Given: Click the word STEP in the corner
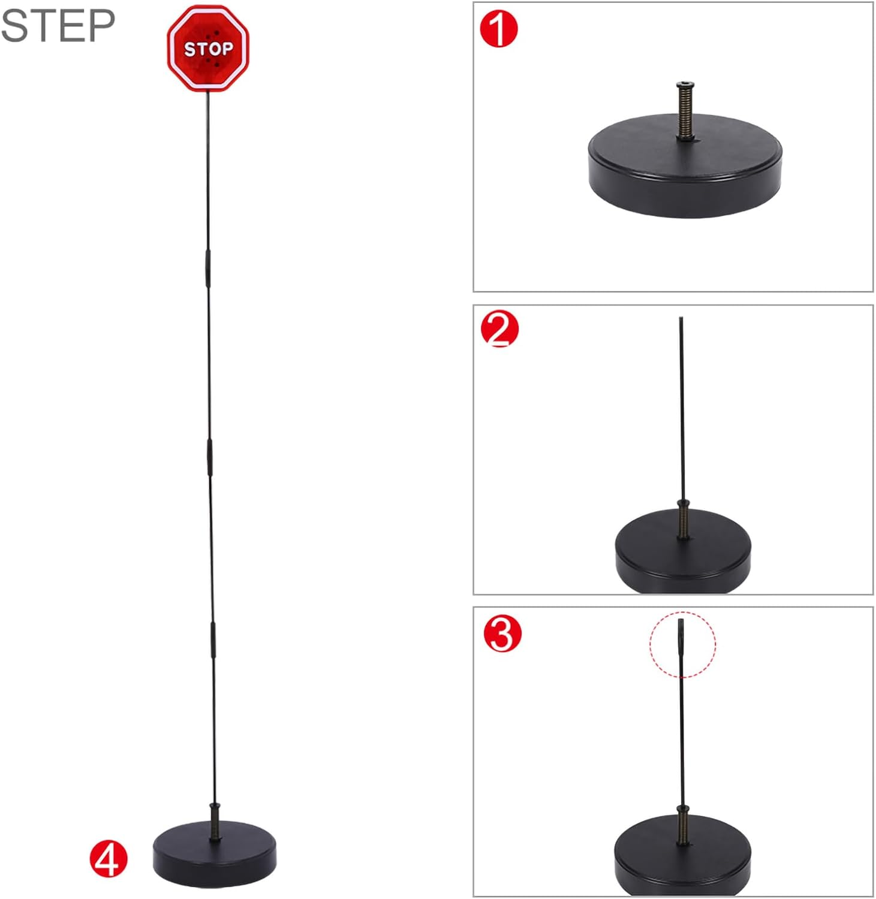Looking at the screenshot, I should tap(58, 25).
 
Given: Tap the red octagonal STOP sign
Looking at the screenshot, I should tap(207, 49).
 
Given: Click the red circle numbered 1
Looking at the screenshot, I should tap(499, 29).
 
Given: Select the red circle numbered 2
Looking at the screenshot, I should tap(499, 330).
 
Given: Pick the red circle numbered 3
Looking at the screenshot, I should tap(502, 634).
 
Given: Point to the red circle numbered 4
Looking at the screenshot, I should tap(109, 858).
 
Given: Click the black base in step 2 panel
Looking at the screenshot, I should tap(683, 551).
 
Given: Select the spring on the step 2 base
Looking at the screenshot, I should tap(682, 520).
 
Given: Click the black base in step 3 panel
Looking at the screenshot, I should tap(682, 857).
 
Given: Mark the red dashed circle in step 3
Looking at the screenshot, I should tap(682, 644).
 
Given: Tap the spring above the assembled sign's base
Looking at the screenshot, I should tap(215, 821).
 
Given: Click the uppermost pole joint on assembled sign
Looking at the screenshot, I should tap(207, 269).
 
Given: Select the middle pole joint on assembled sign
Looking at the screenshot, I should tap(210, 458).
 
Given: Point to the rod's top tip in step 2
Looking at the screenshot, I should tap(681, 320).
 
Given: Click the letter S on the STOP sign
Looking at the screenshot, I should tap(189, 50).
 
